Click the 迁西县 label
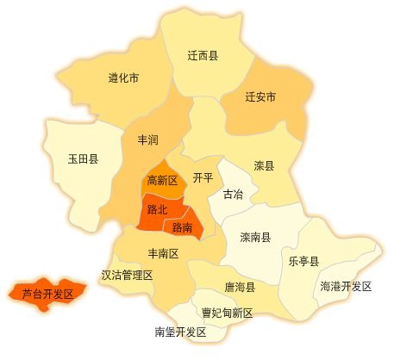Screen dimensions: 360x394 pos(203,56)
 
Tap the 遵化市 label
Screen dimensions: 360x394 pos(124,78)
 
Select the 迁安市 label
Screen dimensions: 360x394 pos(260,97)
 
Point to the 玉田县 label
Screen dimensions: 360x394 pos(83,159)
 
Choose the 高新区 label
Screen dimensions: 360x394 pos(162,181)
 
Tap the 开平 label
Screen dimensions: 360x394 pos(203,178)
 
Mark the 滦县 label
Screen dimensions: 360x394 pos(264,166)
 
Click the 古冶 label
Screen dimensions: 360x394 pos(233,195)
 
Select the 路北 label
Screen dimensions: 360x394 pos(157,209)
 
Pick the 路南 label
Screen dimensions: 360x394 pos(182,228)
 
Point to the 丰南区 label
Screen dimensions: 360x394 pos(163,254)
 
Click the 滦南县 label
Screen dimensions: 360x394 pos(255,237)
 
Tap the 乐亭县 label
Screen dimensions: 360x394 pos(303,261)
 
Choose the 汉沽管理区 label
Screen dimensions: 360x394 pos(127,276)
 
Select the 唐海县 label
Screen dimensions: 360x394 pos(239,287)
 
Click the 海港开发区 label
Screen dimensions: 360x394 pos(345,286)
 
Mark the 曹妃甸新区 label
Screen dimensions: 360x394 pos(228,313)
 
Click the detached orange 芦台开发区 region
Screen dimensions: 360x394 pos(47,292)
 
